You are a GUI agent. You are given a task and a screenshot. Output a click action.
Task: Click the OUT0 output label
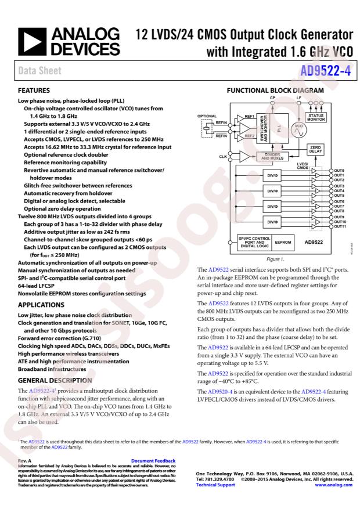[x=339, y=171]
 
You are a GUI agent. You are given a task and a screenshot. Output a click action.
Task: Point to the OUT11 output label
[x=340, y=227]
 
